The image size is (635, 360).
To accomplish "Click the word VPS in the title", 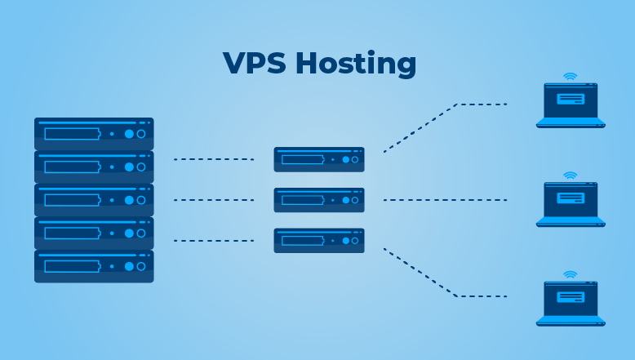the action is pos(255,63).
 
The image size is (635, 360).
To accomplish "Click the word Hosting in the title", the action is pos(356,64).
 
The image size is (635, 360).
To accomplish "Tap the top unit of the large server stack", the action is pos(94,134).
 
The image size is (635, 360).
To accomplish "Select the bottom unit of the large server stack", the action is pos(94,266).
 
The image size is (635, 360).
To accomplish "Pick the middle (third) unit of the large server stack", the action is pos(94,200).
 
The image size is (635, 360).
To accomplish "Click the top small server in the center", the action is pos(319,159).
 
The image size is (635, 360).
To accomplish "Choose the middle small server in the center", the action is pos(319,200).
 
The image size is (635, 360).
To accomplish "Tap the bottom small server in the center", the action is pos(319,241).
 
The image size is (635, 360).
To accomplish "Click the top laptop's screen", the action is pos(571,100).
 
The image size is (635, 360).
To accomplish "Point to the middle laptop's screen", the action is pos(571,199).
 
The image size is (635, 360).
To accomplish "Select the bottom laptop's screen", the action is pos(571,299).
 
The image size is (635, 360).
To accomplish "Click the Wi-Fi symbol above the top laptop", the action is pos(571,77).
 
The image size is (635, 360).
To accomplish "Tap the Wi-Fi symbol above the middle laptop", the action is pos(571,176).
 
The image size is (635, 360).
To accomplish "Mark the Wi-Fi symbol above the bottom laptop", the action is pos(571,274).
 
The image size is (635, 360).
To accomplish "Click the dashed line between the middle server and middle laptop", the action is pos(445,200).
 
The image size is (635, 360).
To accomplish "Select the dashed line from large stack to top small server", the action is pos(214,159).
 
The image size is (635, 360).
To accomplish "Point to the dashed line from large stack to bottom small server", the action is pos(214,241).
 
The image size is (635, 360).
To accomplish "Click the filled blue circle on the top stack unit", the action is pos(129,134).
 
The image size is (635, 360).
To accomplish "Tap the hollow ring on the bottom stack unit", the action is pos(141,266).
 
